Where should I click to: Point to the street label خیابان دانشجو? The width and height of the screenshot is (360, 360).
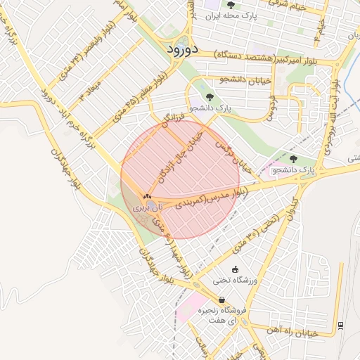[246, 80]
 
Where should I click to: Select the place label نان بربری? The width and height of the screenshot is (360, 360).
[148, 208]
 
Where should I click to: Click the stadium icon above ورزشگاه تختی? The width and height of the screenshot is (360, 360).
[235, 270]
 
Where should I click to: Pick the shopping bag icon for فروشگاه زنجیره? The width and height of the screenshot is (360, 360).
[221, 300]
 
